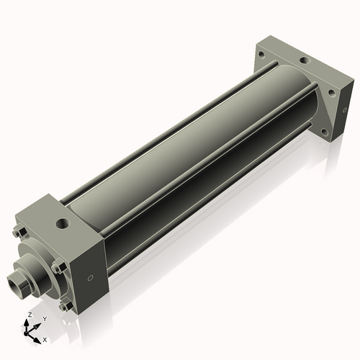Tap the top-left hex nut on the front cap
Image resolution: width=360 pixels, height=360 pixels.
(19, 232)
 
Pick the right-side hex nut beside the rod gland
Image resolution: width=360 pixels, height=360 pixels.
(58, 267)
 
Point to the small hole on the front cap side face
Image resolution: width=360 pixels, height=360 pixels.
(90, 279)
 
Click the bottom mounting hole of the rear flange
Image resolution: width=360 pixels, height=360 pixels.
(325, 132)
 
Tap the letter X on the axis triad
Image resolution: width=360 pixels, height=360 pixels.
(45, 338)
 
